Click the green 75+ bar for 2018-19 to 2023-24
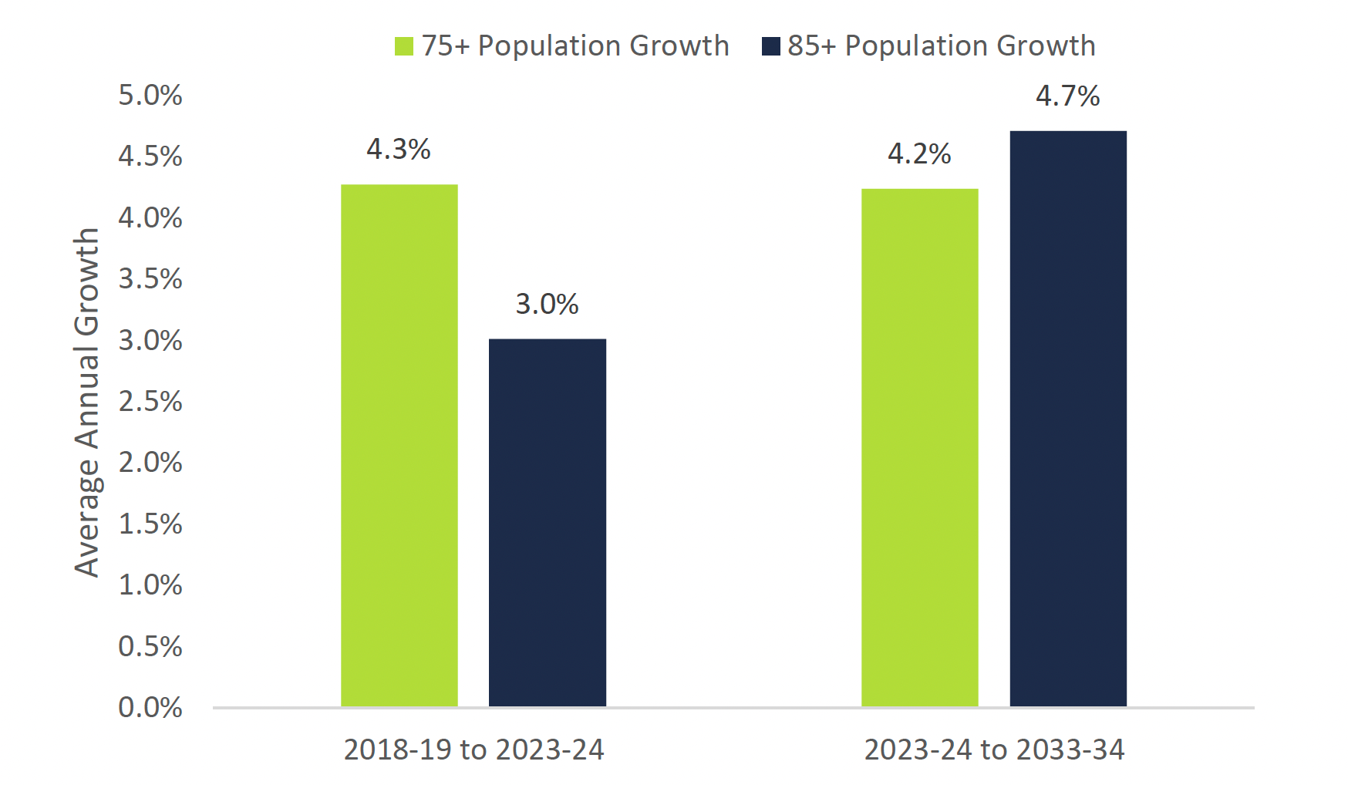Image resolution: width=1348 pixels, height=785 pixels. [x=399, y=445]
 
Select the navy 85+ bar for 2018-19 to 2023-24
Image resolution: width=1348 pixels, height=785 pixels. [x=548, y=522]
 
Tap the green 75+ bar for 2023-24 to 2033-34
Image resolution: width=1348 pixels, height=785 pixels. [x=920, y=447]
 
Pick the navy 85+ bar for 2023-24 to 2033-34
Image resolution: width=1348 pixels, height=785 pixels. [x=1068, y=419]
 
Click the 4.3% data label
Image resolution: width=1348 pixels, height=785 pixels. [x=398, y=149]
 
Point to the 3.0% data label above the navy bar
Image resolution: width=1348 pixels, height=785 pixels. [x=547, y=304]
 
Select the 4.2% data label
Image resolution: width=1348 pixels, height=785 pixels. [x=919, y=153]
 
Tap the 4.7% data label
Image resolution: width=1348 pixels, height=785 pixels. [x=1067, y=96]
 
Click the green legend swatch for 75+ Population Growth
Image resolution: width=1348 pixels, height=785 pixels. [x=404, y=46]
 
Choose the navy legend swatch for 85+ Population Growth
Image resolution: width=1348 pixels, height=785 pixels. [x=770, y=46]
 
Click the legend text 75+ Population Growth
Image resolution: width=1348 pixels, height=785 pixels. [x=575, y=46]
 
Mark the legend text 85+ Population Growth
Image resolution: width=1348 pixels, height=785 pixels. [x=942, y=46]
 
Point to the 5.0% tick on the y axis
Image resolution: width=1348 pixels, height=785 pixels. [x=150, y=95]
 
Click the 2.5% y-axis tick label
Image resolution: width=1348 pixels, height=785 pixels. [x=150, y=401]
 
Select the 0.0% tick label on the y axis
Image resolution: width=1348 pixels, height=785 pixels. [x=150, y=707]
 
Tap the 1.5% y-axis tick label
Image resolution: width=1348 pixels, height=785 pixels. [x=150, y=524]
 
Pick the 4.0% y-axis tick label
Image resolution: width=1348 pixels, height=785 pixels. [x=150, y=217]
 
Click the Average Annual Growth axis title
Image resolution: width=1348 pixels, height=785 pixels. [x=87, y=402]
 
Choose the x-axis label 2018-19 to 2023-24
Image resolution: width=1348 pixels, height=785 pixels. [x=473, y=750]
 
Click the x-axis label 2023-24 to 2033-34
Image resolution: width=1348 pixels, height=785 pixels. [x=994, y=750]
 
